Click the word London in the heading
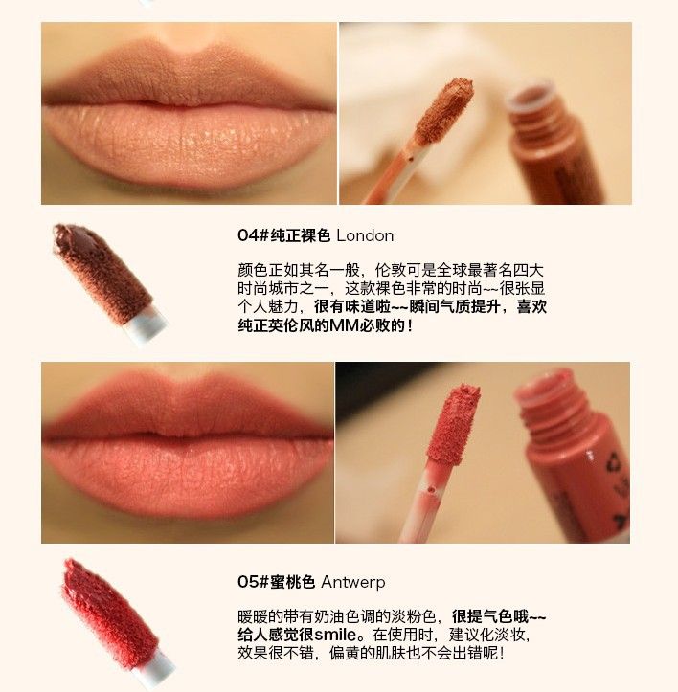(x=365, y=235)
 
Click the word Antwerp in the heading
(x=353, y=582)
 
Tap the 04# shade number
(x=253, y=235)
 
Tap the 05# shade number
(x=253, y=582)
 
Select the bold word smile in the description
(x=335, y=635)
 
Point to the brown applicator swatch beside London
(x=103, y=274)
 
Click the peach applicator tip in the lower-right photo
(x=453, y=424)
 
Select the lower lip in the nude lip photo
(x=188, y=145)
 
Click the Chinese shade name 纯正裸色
(x=300, y=235)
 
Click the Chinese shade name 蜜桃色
(x=292, y=582)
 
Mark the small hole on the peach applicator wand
(x=431, y=489)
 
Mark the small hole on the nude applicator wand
(x=411, y=157)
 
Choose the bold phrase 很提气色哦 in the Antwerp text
(x=490, y=616)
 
